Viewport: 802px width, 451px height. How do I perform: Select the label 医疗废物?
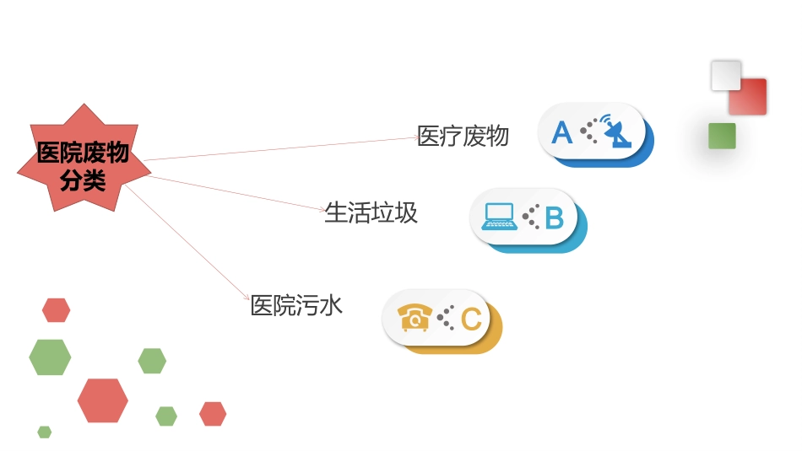(x=463, y=136)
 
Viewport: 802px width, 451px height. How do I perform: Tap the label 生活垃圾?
(x=371, y=212)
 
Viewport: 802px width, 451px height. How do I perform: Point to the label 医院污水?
(x=296, y=305)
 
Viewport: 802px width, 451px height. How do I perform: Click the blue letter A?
(x=561, y=132)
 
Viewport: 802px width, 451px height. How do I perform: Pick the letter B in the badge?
(x=554, y=217)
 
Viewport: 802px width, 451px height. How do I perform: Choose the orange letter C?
(x=471, y=319)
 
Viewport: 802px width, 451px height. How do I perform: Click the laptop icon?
(x=498, y=217)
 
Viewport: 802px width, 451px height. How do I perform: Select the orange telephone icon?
(x=415, y=318)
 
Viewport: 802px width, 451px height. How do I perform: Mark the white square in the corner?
(x=726, y=75)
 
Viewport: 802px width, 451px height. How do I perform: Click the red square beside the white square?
(x=749, y=96)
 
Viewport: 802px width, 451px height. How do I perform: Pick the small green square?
(x=722, y=136)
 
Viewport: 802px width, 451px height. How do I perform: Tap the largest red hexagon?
(x=102, y=400)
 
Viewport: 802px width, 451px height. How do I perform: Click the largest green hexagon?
(x=50, y=357)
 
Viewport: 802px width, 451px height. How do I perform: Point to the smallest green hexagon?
(x=44, y=432)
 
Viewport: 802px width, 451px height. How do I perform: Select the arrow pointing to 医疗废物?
(x=279, y=149)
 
